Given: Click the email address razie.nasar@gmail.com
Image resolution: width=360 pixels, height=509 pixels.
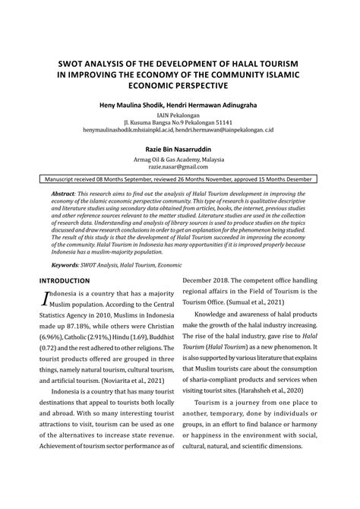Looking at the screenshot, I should pyautogui.click(x=178, y=166).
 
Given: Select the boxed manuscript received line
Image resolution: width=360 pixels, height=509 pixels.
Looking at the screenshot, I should pyautogui.click(x=178, y=180).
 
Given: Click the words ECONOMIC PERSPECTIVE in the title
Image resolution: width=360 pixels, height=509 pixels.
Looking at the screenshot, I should pyautogui.click(x=178, y=87).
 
